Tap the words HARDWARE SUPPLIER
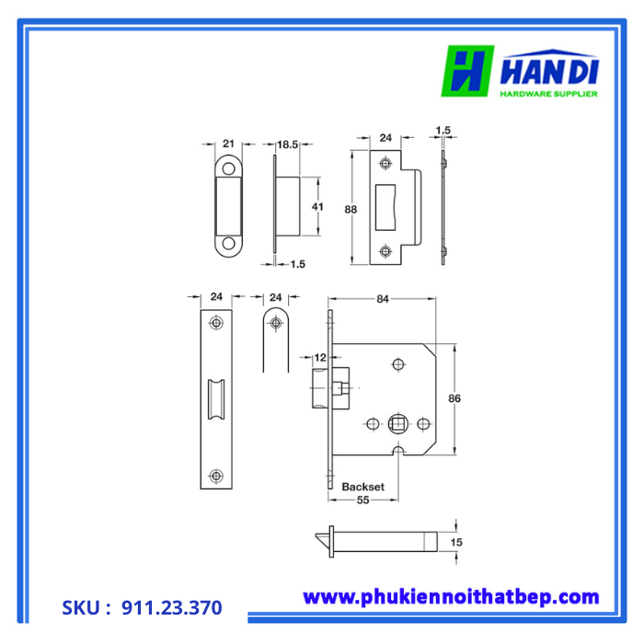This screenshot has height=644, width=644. (x=548, y=93)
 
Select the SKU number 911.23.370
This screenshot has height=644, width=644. (x=171, y=607)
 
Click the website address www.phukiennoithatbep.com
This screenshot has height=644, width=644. (x=451, y=597)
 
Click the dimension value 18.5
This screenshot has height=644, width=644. (x=288, y=144)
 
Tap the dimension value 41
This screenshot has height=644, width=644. (x=317, y=207)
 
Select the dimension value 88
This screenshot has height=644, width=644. (x=351, y=209)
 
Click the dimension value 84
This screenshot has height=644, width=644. (x=384, y=298)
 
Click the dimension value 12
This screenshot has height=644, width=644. (x=320, y=357)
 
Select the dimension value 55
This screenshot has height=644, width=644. (x=362, y=500)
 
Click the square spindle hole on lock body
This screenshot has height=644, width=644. (x=397, y=423)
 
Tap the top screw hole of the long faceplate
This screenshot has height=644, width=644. (x=216, y=323)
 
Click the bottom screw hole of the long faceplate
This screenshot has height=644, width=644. (x=216, y=475)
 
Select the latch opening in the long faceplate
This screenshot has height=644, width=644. (x=217, y=399)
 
